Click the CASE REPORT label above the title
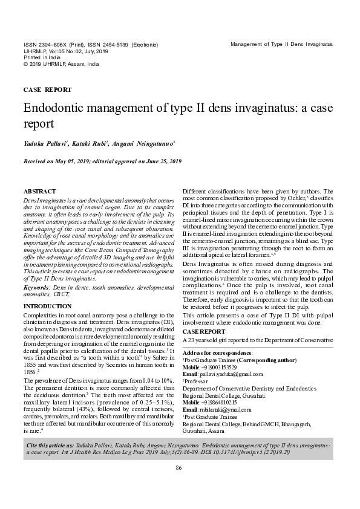[x=47, y=89]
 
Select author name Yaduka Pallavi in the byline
[x=46, y=144]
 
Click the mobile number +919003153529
[x=223, y=367]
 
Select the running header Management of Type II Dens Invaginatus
[x=282, y=45]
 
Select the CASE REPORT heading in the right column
[x=204, y=332]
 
